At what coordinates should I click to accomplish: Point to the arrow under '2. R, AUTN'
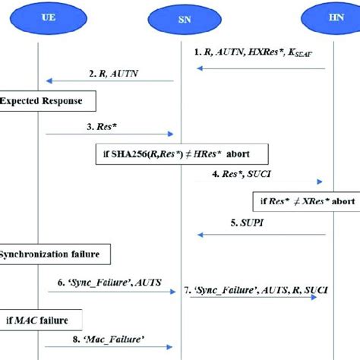tap(109, 81)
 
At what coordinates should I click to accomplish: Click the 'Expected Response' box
tap(47, 99)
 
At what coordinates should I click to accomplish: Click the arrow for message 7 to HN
tap(254, 298)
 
